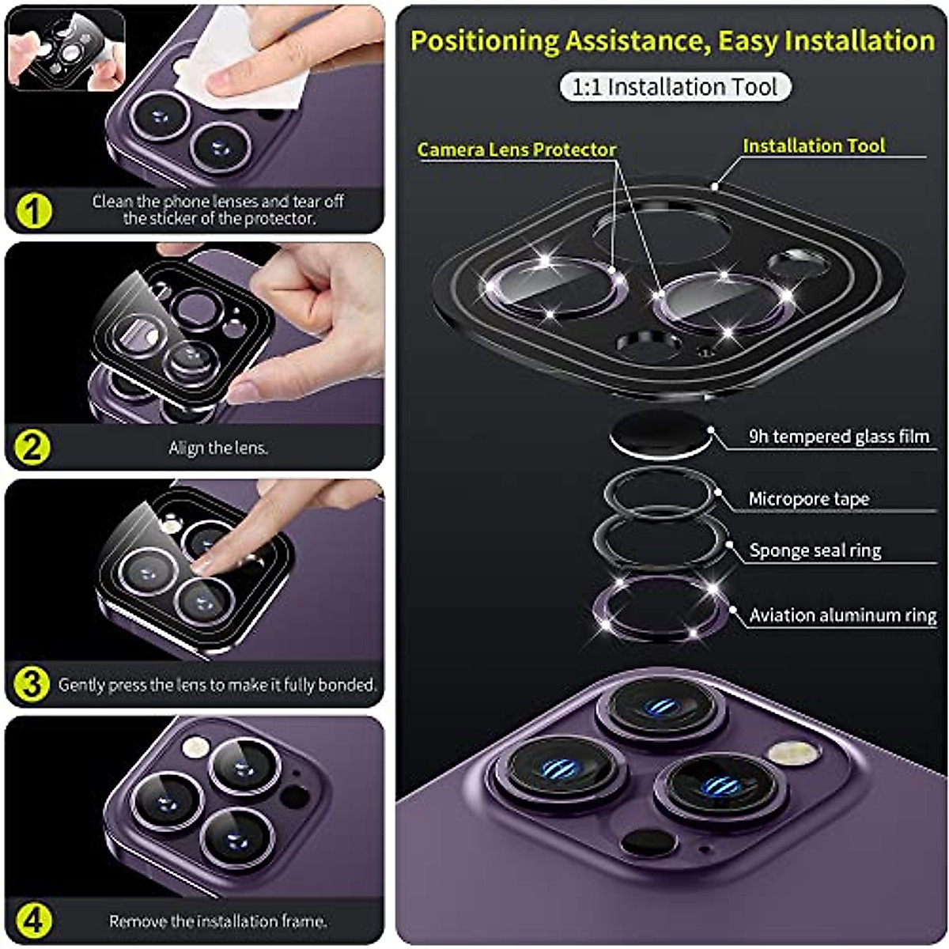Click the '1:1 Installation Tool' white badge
pos(675,87)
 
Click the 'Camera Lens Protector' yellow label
pos(516,149)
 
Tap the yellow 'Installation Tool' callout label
pos(813,146)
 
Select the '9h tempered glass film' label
pos(838,437)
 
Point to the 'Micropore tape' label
pos(808,499)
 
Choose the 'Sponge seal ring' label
pos(815,550)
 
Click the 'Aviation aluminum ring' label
pos(842,615)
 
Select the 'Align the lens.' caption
pos(217,448)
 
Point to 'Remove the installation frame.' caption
pos(217,921)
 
